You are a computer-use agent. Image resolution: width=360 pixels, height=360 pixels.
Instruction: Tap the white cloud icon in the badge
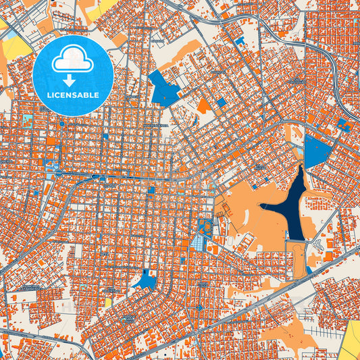point(73,60)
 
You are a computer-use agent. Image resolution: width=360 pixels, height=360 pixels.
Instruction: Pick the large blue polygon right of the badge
point(163,88)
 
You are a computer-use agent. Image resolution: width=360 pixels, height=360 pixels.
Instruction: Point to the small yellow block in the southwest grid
point(108,302)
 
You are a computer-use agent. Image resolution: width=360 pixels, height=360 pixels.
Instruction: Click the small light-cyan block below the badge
point(26,120)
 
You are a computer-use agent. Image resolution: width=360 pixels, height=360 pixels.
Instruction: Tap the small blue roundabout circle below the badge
point(61,124)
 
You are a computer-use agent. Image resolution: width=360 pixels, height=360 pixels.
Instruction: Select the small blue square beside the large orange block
point(221,102)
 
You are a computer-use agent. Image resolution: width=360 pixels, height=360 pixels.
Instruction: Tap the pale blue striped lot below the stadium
point(198,242)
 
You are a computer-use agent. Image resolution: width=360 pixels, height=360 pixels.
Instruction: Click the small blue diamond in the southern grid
point(200,307)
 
